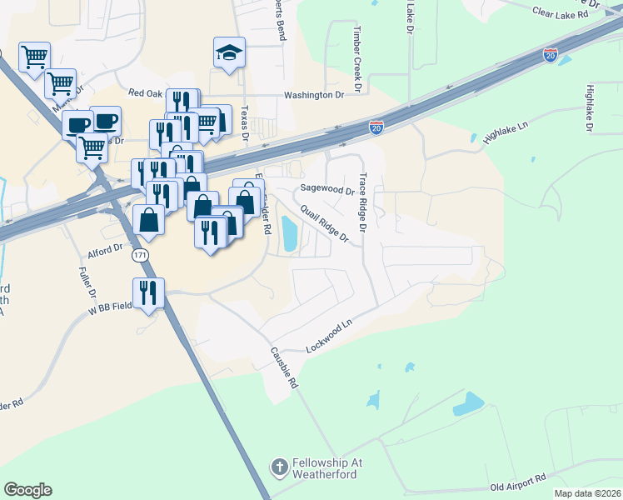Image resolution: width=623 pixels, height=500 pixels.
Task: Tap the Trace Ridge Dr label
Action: click(362, 202)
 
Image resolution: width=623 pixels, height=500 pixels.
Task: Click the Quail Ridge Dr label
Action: click(325, 223)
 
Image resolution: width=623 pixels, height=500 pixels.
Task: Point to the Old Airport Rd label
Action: click(517, 482)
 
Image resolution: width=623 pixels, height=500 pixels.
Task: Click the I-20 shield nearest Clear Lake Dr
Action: click(550, 54)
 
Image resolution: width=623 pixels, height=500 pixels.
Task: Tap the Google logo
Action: click(27, 490)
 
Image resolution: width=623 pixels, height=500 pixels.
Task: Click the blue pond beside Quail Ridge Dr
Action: click(289, 233)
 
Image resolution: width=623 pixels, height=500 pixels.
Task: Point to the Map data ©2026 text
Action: click(586, 493)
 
